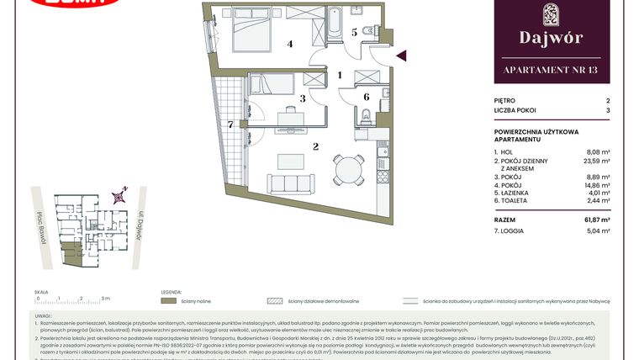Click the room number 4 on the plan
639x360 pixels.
[290, 44]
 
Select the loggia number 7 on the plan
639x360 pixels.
[230, 124]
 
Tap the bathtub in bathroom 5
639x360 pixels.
[333, 25]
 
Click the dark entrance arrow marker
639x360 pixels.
[401, 56]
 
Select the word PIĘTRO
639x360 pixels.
[506, 99]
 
